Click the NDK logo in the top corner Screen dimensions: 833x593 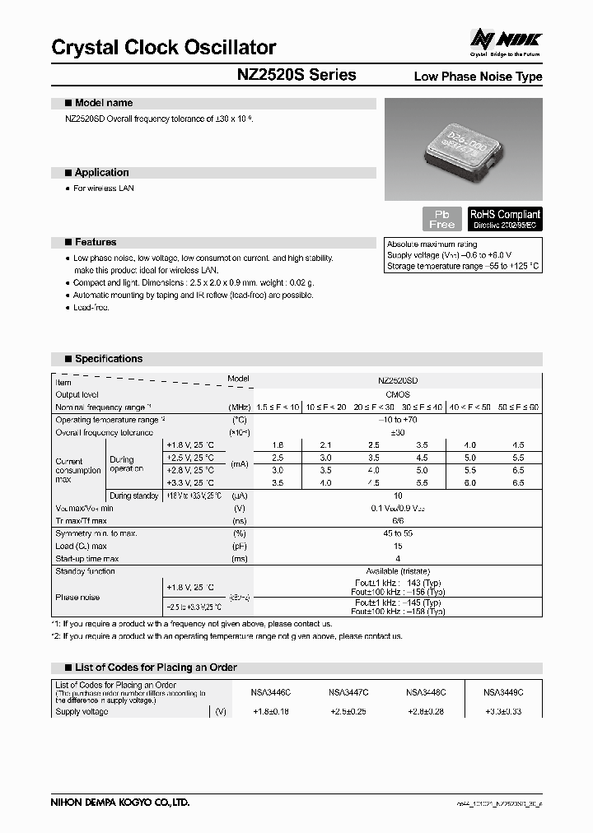pos(506,40)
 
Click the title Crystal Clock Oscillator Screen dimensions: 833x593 pos(163,48)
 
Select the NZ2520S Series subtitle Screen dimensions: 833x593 pos(296,75)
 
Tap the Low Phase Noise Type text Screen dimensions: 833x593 pos(478,77)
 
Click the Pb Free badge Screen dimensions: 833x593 pos(442,219)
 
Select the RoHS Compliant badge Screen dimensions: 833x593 pos(505,219)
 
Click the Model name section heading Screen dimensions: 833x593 pos(104,104)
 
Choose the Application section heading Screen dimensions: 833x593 pos(101,173)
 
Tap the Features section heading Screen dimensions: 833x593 pos(96,243)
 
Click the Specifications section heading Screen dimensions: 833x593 pos(108,359)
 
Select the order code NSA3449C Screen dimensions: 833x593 pos(502,693)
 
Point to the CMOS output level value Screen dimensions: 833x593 pos(398,395)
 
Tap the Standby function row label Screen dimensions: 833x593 pos(86,571)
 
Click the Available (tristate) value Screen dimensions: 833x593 pos(398,571)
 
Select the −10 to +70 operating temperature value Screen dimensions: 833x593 pos(398,420)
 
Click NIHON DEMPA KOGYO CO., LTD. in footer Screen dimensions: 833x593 pos(120,802)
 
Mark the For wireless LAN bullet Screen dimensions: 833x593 pos(104,188)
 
